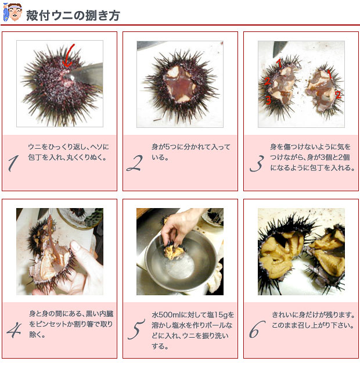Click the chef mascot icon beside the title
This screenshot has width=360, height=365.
12,12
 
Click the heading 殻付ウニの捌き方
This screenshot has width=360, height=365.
73,16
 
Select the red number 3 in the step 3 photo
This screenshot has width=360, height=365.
268,101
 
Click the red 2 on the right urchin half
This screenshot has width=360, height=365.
338,95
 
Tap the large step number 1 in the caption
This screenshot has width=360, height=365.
13,163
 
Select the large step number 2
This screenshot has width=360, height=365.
135,163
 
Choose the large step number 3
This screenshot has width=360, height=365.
257,163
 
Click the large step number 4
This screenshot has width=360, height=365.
14,330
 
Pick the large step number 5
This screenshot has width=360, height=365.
136,329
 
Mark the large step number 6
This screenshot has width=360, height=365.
257,329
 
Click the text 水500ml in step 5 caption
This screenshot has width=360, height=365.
166,315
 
